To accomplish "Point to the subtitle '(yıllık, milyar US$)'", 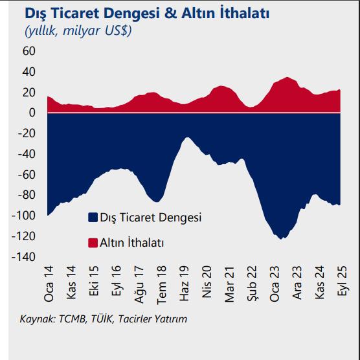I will [x=78, y=30].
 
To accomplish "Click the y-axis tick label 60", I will [x=30, y=51].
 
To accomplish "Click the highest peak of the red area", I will [x=286, y=78].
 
